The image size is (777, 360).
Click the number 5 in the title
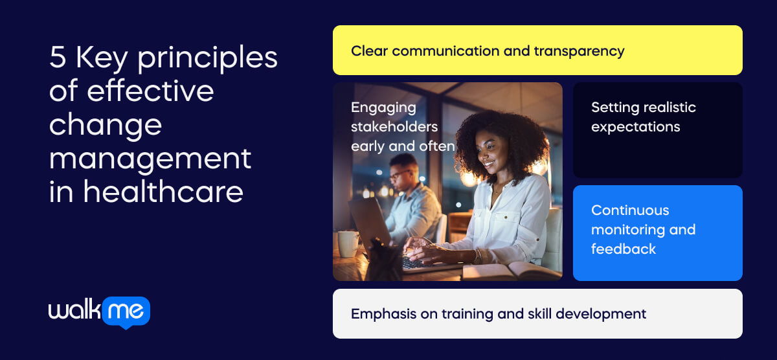58,57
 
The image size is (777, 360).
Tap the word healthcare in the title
163,192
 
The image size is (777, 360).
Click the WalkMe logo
99,312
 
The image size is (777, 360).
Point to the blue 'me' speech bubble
126,312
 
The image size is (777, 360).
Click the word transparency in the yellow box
580,52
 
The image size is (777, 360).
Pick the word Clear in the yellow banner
369,51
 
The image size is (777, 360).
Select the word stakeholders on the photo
394,127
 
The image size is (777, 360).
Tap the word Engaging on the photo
383,108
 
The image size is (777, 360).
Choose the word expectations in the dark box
635,128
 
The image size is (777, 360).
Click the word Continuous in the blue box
630,210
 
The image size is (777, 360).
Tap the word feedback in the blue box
624,249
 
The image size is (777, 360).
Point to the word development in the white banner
601,314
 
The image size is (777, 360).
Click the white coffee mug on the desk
348,244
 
